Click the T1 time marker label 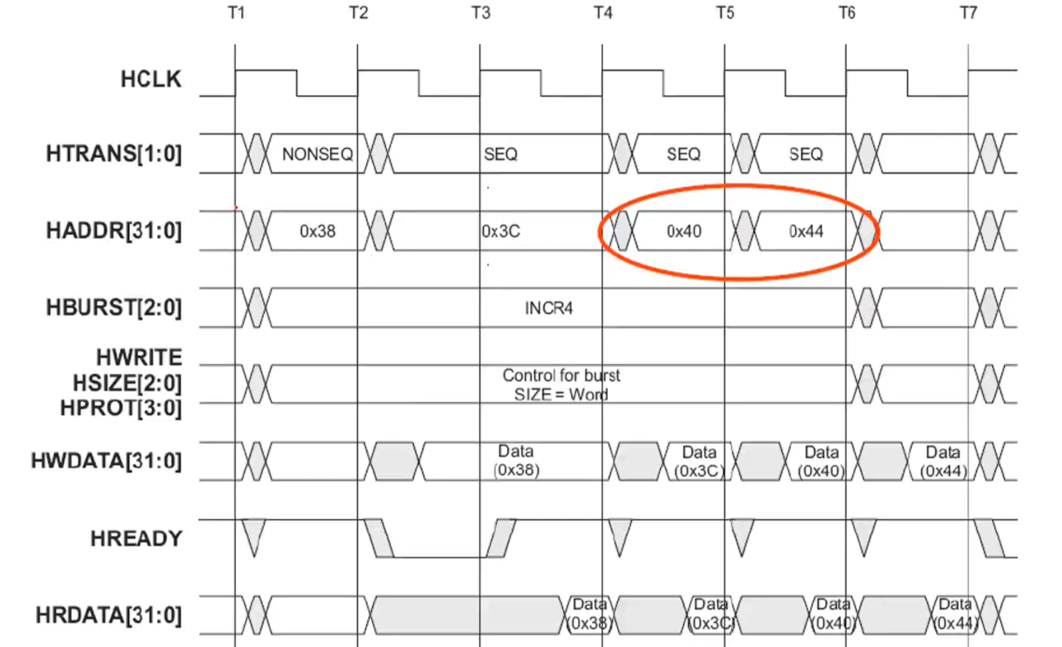pos(236,13)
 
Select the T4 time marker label pos(603,13)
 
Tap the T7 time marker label pos(968,13)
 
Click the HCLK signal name pos(150,79)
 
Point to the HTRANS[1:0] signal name pos(113,154)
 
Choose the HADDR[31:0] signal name pos(113,231)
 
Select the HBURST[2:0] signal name pos(113,308)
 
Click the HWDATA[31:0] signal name pos(106,460)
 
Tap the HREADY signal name pos(136,538)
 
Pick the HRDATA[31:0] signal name pos(108,615)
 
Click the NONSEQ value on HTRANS pos(317,155)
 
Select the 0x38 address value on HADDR pos(317,231)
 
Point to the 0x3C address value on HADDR pos(501,231)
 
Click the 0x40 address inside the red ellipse pos(684,231)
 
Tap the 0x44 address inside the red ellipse pos(806,231)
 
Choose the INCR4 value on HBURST pos(549,308)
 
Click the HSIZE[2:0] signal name pos(127,383)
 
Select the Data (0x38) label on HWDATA pos(516,460)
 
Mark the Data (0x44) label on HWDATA pos(943,462)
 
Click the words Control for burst pos(561,376)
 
